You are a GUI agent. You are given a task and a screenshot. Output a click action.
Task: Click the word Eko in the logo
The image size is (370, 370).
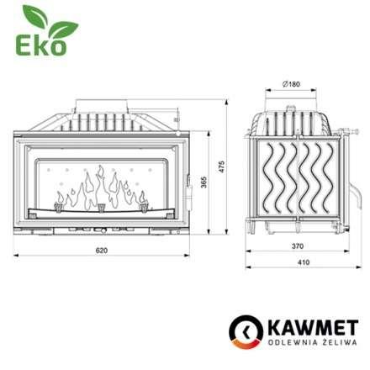point(38,45)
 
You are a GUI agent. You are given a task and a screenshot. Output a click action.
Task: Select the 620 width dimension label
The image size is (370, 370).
point(102,251)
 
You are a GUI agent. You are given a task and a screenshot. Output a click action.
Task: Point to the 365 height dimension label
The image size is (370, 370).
point(204,184)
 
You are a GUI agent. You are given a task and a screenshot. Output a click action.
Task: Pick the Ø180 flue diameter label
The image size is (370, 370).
point(291,84)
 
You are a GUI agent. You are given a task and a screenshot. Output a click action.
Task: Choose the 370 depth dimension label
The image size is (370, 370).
point(297,246)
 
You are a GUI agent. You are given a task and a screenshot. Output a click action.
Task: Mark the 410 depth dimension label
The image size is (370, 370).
point(303,262)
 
